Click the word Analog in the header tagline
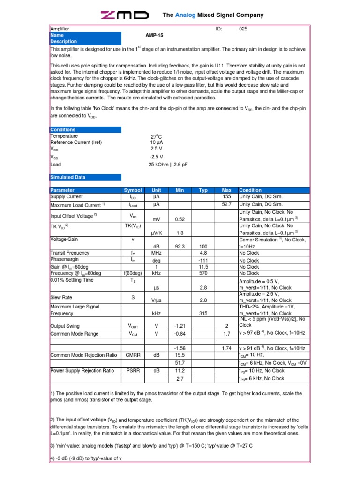coord(185,15)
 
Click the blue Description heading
coord(63,42)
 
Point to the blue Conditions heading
coord(63,130)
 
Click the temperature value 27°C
coord(156,136)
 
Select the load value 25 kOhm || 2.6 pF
coord(167,165)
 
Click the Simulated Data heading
coord(68,178)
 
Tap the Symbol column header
coord(133,190)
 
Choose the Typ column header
coord(203,190)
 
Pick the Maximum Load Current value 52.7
coord(226,205)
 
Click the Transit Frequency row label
coord(69,253)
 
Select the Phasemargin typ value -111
coord(203,260)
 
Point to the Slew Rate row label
coord(61,297)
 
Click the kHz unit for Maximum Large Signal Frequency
coord(156,313)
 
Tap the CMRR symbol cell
coord(133,355)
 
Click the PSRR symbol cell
coord(133,371)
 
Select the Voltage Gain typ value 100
coord(203,246)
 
